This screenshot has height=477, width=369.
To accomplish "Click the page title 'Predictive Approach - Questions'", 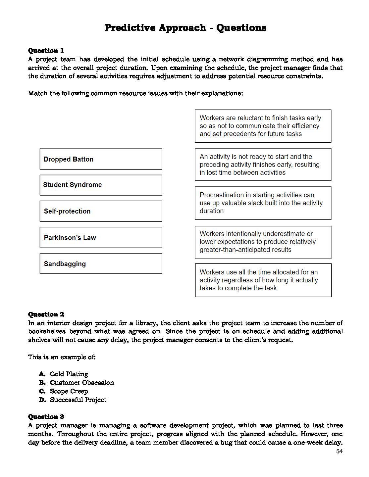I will tap(185, 27).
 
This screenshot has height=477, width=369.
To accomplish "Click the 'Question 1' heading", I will tap(46, 50).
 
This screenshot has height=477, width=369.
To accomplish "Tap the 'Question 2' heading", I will tap(46, 314).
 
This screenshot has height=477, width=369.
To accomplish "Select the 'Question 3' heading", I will tap(46, 416).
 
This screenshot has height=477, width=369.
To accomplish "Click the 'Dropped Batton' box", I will tap(101, 159).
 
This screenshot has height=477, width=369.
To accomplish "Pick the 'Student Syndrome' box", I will tap(101, 185).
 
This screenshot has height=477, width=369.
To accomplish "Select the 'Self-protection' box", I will tap(101, 211).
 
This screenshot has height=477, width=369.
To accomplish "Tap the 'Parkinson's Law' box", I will tap(101, 237).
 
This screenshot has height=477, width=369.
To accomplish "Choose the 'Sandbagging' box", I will tap(101, 264).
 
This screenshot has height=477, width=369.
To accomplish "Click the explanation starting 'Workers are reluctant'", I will tap(263, 126).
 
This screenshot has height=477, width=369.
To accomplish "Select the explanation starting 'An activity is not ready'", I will tap(263, 165).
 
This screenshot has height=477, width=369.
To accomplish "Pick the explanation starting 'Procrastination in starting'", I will tap(263, 203).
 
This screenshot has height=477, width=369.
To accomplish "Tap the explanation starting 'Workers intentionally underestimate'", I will tap(263, 242).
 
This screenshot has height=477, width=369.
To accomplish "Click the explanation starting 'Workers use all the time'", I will tap(263, 280).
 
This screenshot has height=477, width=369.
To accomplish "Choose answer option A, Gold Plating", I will tap(69, 374).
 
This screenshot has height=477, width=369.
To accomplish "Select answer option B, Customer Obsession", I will tap(81, 383).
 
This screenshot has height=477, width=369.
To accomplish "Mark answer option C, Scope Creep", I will tap(69, 391).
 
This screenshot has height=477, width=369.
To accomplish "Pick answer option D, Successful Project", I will tap(78, 400).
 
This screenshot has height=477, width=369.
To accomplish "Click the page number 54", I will tap(339, 452).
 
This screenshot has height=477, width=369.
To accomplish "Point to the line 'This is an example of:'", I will tap(62, 357).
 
